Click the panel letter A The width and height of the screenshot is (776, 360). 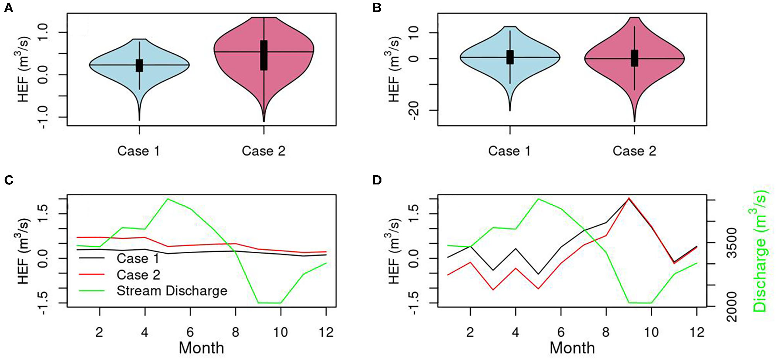tap(8, 8)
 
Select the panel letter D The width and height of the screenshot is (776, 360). tap(377, 180)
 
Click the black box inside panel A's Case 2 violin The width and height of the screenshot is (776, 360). tap(264, 55)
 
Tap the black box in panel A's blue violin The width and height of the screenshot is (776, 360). tap(139, 65)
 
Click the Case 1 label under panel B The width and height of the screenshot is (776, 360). tap(509, 151)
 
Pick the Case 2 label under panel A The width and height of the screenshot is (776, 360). tap(264, 151)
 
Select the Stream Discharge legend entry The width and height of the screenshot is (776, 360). tap(172, 291)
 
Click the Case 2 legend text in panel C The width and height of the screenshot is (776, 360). tap(138, 275)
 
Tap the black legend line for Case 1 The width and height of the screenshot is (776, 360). tap(92, 258)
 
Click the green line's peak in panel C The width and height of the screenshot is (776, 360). tap(168, 199)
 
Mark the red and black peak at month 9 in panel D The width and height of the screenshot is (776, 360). tap(629, 198)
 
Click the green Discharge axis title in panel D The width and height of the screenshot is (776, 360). tap(760, 253)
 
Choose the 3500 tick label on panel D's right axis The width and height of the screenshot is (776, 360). tap(732, 243)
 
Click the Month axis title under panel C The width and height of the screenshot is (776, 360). tap(201, 348)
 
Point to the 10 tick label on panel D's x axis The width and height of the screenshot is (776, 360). tap(651, 332)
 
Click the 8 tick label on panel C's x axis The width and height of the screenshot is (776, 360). tap(235, 332)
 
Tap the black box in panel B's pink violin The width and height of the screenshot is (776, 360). tap(634, 58)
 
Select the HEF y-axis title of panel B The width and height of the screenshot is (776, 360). tap(394, 70)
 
